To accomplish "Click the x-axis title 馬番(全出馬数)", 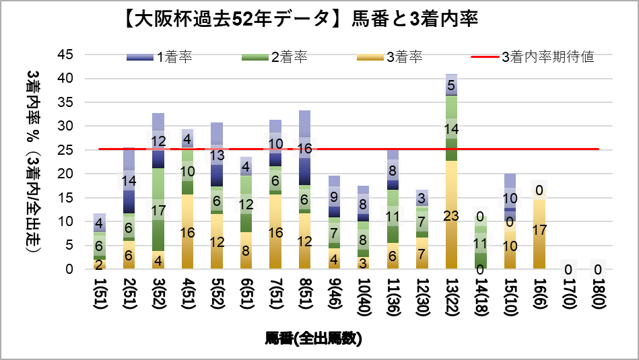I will point(314,338).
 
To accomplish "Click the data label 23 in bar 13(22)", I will point(451,216).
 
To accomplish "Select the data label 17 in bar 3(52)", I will point(158,211).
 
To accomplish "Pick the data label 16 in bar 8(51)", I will point(304,149).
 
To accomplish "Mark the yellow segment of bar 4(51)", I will point(187,232).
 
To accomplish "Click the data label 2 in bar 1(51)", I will point(99,264).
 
